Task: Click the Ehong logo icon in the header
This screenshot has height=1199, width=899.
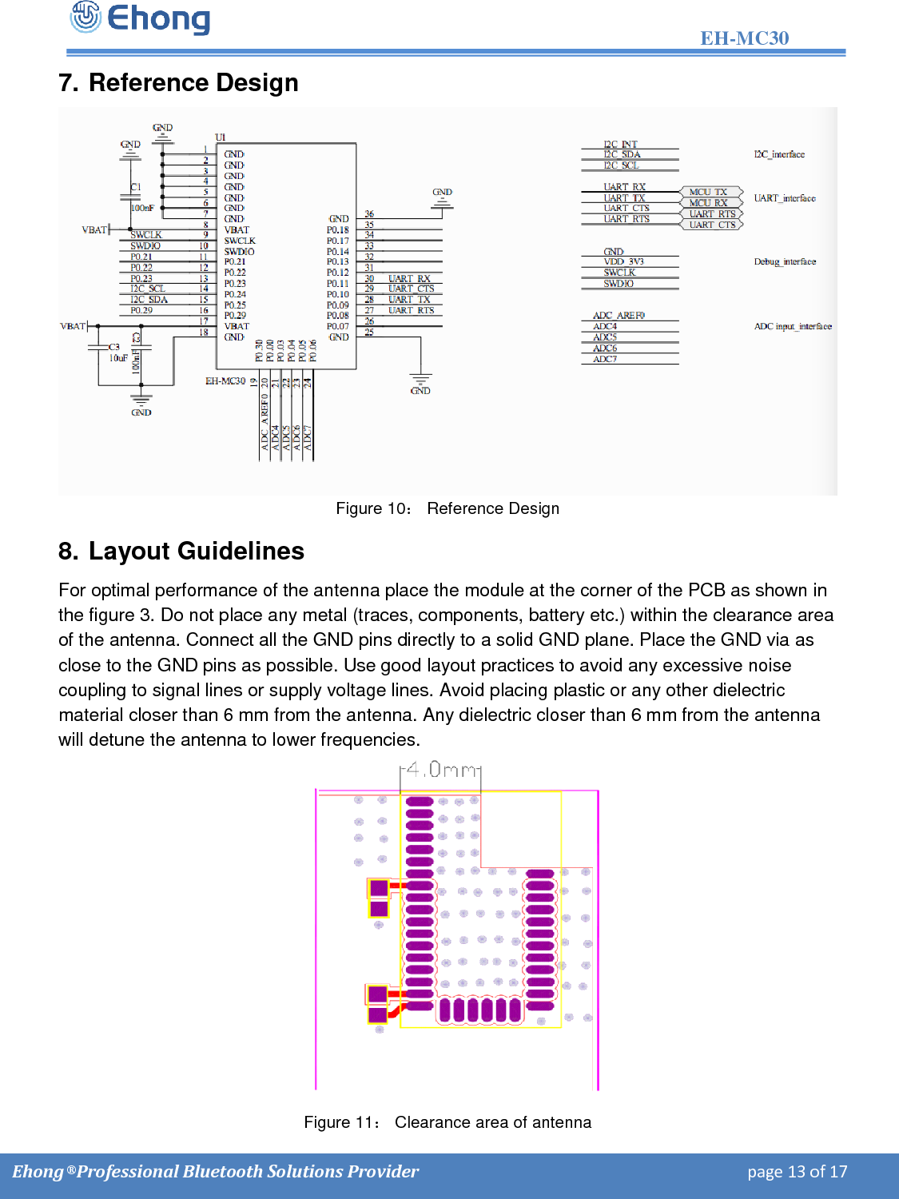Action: click(x=86, y=17)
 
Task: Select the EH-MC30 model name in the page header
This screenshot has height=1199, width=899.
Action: click(x=744, y=38)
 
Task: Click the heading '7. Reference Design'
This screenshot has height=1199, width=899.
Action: click(x=178, y=82)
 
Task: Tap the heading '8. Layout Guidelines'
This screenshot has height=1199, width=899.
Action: click(x=181, y=551)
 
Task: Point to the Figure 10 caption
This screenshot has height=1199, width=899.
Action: click(x=448, y=508)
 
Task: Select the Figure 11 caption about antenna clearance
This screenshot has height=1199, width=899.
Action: click(x=448, y=1122)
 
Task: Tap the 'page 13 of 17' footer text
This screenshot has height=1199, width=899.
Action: click(x=797, y=1172)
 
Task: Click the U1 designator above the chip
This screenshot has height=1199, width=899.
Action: click(x=221, y=137)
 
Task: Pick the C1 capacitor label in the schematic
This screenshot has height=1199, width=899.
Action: click(x=136, y=187)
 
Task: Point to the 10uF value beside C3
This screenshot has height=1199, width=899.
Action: click(x=118, y=358)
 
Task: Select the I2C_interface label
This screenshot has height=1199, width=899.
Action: click(x=779, y=154)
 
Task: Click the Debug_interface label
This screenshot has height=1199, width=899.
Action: click(x=785, y=261)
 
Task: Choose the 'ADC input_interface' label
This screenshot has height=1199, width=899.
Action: click(x=793, y=326)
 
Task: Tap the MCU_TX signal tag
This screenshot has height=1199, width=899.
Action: click(x=708, y=192)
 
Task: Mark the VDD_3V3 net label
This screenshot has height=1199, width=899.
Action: click(x=623, y=261)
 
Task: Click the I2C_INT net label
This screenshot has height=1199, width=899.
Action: click(x=620, y=145)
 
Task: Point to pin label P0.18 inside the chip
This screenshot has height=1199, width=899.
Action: click(x=337, y=230)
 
